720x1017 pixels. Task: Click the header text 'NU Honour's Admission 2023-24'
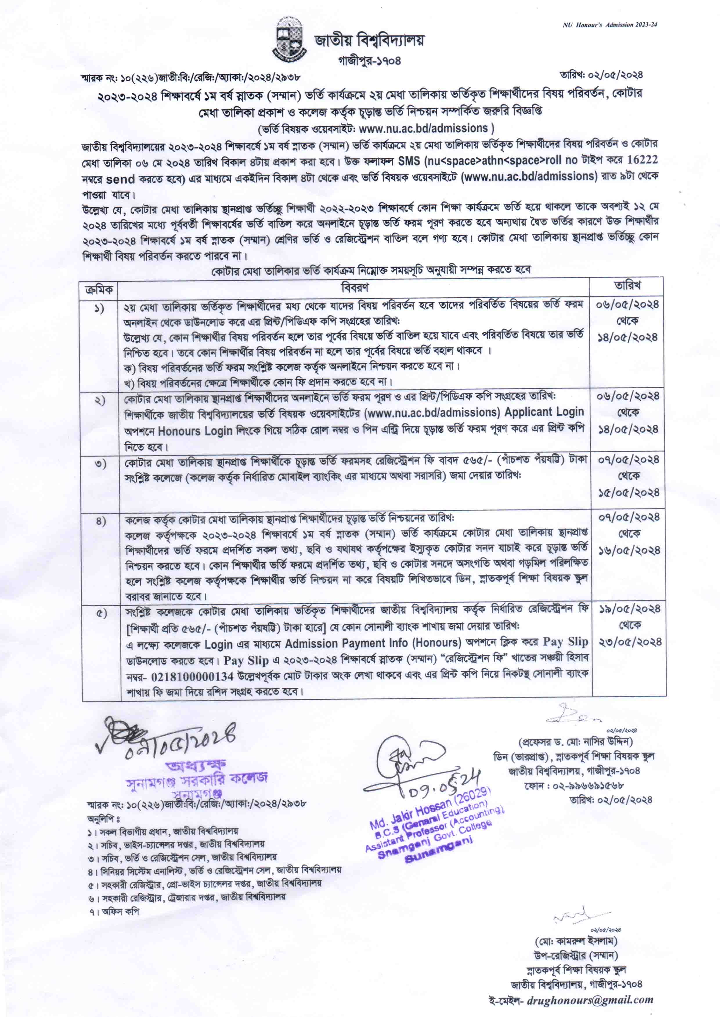click(x=610, y=25)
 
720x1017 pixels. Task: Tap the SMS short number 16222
click(x=643, y=160)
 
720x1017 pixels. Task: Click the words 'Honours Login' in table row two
click(x=195, y=431)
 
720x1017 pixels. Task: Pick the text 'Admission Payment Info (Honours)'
click(x=373, y=643)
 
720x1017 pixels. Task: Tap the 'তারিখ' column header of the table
click(x=627, y=286)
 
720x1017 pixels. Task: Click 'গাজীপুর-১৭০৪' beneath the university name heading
click(x=369, y=61)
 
